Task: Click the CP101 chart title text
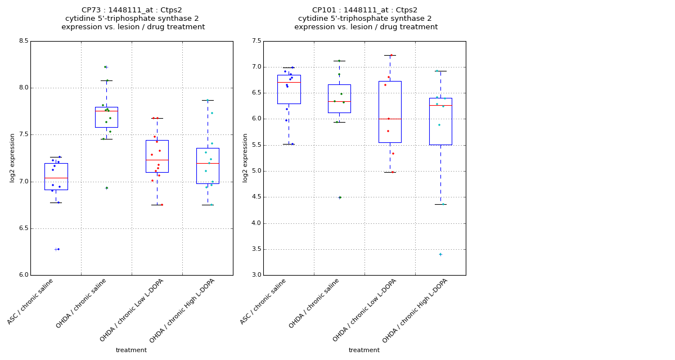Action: click(366, 18)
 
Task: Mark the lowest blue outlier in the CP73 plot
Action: click(58, 249)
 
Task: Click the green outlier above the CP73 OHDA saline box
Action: click(105, 67)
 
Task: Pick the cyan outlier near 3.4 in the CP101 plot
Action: click(440, 254)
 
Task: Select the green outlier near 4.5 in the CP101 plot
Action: click(339, 197)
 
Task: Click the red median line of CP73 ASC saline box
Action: click(56, 178)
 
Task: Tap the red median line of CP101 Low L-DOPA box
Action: click(390, 119)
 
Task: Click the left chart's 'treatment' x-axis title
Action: click(131, 350)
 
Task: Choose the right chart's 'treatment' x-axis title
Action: click(364, 350)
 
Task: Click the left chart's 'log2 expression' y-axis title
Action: click(12, 158)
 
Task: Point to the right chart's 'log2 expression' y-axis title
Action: click(245, 158)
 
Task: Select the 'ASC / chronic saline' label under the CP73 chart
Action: click(31, 301)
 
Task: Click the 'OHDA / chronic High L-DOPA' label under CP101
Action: click(415, 310)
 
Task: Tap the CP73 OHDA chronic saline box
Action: click(106, 117)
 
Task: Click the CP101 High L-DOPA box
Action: click(440, 121)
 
